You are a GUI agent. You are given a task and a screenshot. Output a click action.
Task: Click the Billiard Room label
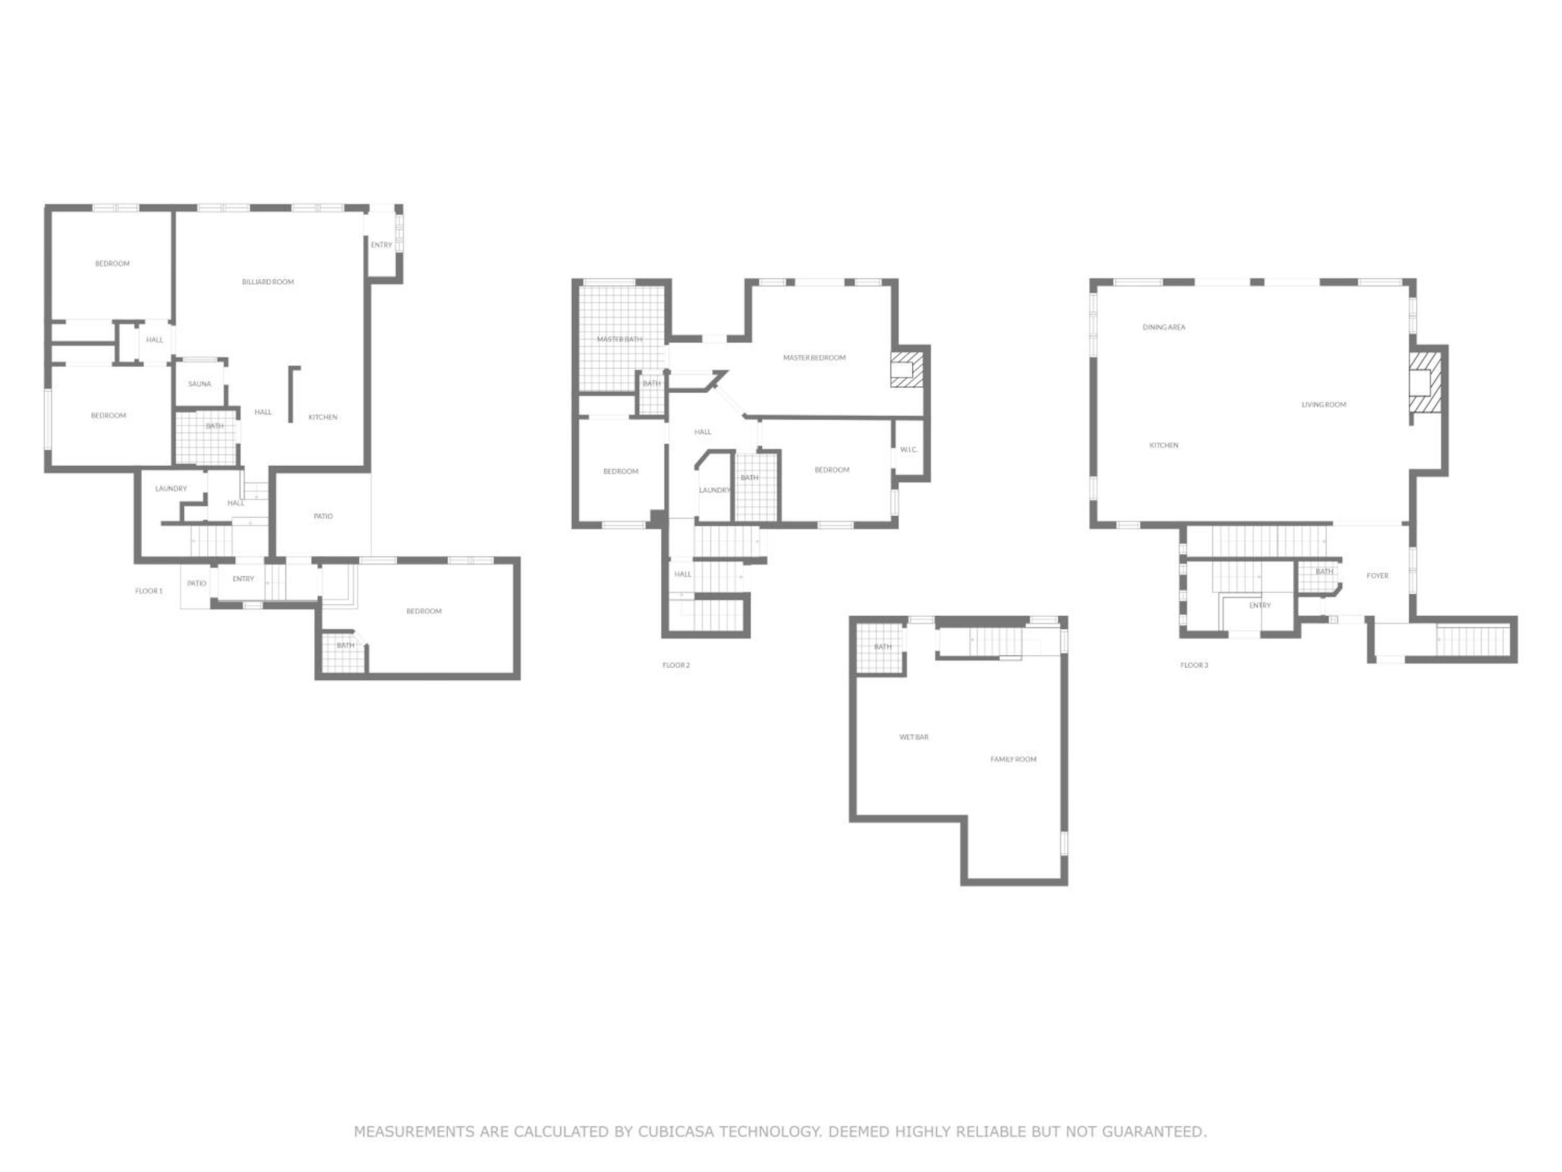(268, 282)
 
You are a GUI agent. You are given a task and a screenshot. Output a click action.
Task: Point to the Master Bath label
(619, 340)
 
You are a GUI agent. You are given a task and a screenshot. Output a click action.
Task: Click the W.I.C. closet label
(909, 450)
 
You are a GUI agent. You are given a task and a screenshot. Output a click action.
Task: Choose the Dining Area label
(1164, 328)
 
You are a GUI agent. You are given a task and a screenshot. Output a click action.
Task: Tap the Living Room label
(1324, 405)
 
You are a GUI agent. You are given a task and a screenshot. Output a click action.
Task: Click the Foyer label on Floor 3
(1378, 576)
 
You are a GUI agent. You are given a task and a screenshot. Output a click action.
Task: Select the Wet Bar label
(914, 738)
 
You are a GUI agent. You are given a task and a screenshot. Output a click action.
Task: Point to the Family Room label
(1013, 759)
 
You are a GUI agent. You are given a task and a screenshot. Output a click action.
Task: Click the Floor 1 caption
(149, 591)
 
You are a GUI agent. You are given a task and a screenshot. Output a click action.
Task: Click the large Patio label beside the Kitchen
(323, 516)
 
